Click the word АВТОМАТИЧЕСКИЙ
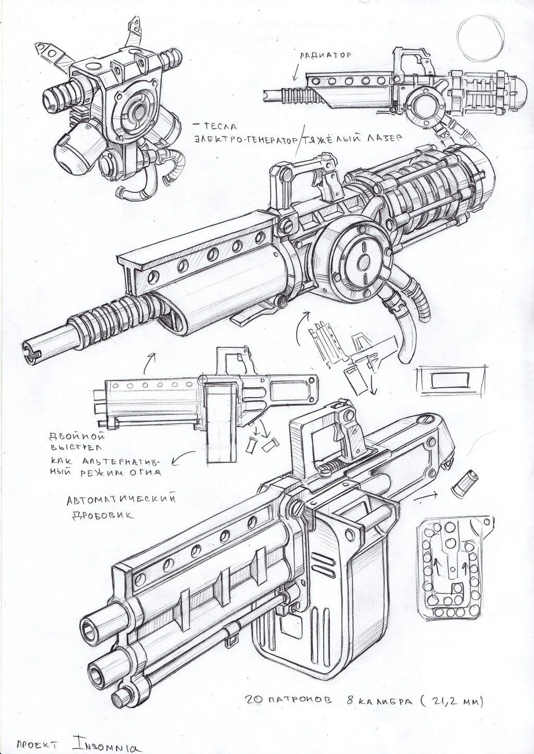click(121, 499)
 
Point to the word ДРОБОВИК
click(100, 514)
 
